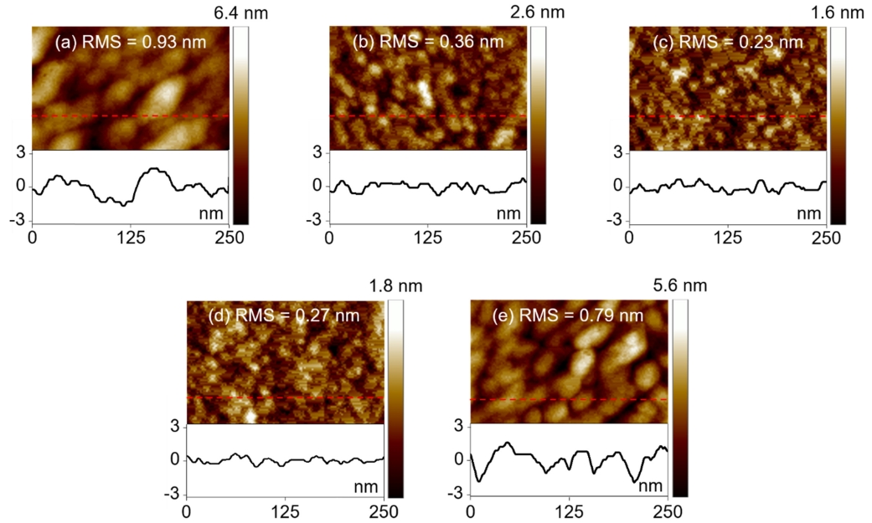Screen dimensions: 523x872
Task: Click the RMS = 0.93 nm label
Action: coord(130,42)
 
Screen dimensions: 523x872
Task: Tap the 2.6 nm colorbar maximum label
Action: coord(529,12)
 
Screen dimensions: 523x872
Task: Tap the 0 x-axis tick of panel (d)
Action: coord(186,511)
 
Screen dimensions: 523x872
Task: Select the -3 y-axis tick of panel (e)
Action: coord(457,494)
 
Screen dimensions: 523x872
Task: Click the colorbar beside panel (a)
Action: coord(240,126)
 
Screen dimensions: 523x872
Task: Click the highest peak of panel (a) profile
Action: coord(154,168)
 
